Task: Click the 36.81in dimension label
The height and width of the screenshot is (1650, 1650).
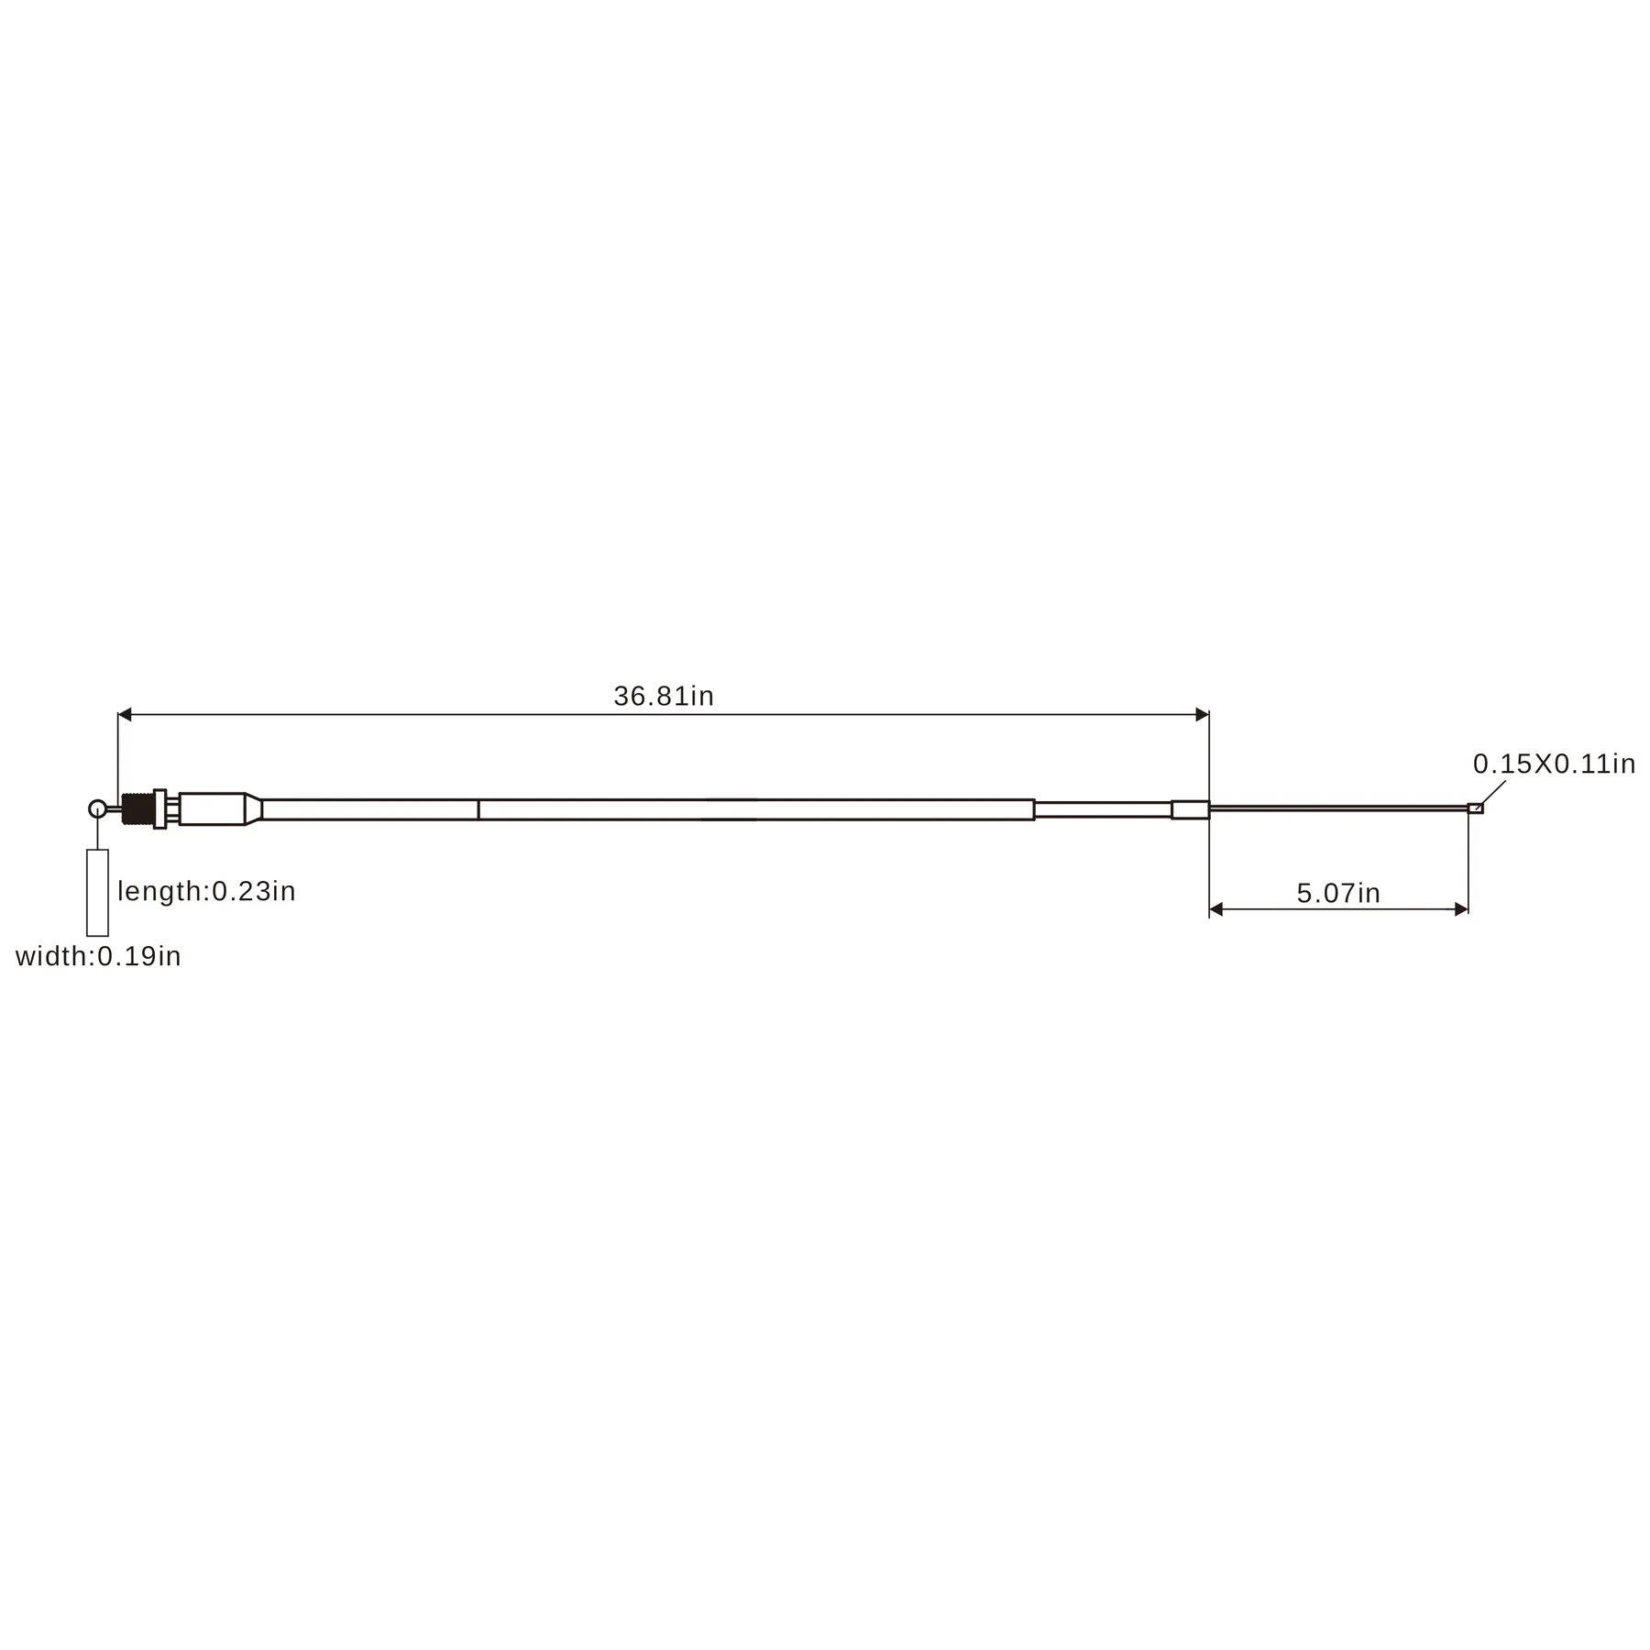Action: [x=664, y=697]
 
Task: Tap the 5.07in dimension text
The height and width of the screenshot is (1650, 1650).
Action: [x=1338, y=894]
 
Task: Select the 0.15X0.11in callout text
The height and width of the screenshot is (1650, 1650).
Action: [x=1555, y=764]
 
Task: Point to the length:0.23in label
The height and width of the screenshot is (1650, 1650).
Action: [x=207, y=892]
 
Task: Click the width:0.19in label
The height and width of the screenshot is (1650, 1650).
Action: [x=98, y=957]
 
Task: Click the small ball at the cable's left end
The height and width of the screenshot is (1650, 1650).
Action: [x=97, y=808]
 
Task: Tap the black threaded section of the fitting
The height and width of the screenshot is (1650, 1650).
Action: [x=137, y=809]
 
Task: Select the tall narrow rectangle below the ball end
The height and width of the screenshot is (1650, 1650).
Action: [x=97, y=893]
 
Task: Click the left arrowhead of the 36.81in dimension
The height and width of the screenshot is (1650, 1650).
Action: [x=125, y=715]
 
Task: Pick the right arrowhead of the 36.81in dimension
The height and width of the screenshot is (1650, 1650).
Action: [x=1203, y=715]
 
